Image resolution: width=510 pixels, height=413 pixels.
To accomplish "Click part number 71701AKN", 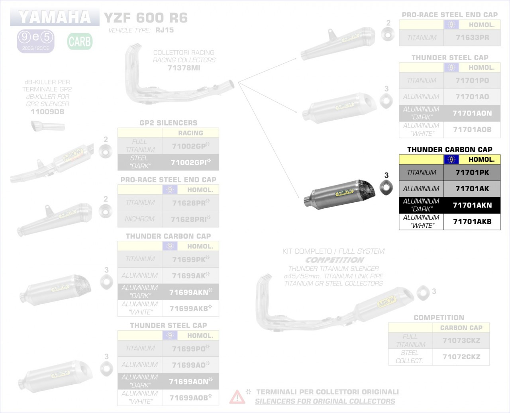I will (472, 206).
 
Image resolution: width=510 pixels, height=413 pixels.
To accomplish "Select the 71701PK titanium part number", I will (472, 173).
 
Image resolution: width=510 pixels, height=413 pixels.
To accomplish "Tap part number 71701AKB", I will (472, 222).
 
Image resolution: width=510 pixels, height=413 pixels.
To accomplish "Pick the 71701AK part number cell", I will (472, 189).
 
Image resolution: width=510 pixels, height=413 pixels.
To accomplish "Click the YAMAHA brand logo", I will (55, 17).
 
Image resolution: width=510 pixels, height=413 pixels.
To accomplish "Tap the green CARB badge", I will (80, 41).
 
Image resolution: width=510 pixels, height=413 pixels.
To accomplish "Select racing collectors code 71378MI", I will (184, 68).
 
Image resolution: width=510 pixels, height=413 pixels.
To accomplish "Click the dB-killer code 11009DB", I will (47, 112).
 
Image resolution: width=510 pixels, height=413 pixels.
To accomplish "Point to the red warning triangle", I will (237, 397).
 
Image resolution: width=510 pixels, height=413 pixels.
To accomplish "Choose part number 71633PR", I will (472, 38).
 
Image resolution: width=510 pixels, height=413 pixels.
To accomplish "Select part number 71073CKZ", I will (461, 341).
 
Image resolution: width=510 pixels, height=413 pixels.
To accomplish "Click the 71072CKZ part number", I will (461, 357).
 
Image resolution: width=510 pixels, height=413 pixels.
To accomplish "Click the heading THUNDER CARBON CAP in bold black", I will (449, 150).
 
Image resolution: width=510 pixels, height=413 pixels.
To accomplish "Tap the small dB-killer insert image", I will (48, 127).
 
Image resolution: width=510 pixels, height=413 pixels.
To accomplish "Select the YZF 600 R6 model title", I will (145, 18).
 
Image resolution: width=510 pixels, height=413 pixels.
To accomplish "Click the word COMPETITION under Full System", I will (335, 260).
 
